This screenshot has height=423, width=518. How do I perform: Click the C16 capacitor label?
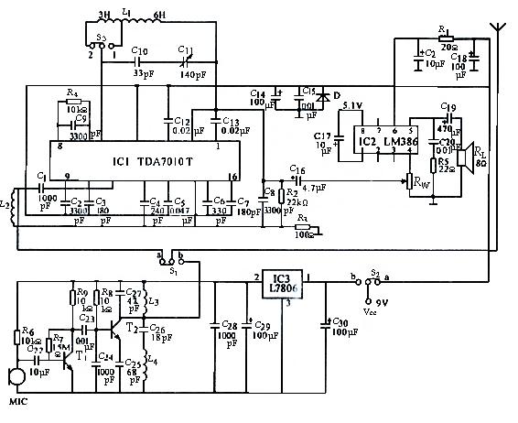297,169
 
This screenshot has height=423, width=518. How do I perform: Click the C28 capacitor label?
227,325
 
